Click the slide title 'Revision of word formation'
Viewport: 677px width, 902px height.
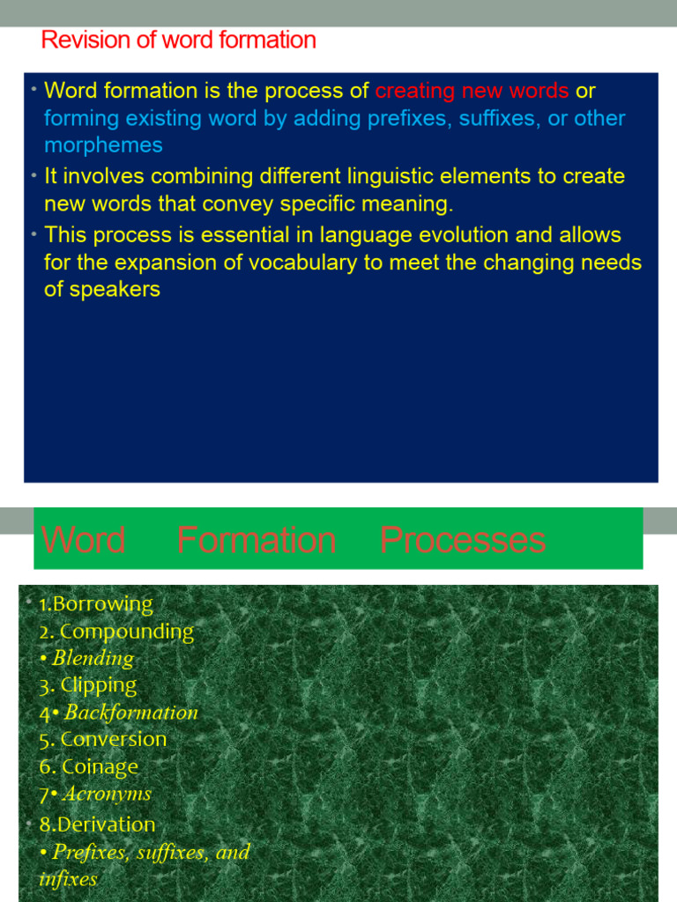[178, 41]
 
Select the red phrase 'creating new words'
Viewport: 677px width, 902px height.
[472, 91]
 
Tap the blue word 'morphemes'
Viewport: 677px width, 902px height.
[103, 145]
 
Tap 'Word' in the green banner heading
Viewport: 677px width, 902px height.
[84, 540]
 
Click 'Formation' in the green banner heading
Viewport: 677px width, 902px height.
[256, 540]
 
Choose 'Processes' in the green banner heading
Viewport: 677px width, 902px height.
[463, 540]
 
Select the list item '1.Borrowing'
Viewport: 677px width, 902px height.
[96, 604]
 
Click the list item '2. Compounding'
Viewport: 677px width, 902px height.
[116, 632]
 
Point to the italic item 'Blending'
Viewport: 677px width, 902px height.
[93, 658]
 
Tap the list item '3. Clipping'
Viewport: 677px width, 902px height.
[88, 685]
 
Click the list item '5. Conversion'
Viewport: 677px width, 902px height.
[103, 739]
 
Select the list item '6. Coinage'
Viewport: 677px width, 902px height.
[89, 766]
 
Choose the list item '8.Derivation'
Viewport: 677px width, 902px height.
[97, 824]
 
